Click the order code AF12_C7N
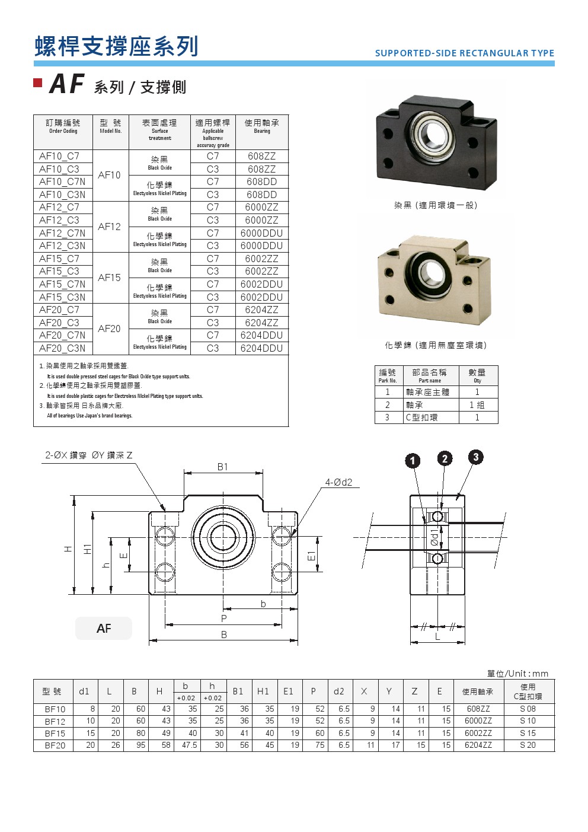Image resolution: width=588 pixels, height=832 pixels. point(62,233)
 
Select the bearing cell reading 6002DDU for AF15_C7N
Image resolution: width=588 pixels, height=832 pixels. point(261,284)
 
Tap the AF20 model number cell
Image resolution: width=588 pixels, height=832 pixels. point(110,329)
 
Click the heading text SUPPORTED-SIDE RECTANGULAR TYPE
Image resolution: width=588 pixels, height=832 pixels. point(464,53)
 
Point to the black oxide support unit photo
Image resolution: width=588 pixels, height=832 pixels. point(436,143)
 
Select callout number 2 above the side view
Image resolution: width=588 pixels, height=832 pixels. point(445,458)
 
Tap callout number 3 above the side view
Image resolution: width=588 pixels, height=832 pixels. point(475,457)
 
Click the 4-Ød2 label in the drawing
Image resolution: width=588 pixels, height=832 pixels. point(338,482)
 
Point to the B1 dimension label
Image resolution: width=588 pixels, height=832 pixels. point(222,467)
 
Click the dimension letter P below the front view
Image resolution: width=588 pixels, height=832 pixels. point(223,619)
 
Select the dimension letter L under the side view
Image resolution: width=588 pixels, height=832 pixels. point(437,636)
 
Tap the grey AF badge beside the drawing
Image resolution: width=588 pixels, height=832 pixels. point(104,629)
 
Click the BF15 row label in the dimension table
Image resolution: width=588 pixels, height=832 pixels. point(55,733)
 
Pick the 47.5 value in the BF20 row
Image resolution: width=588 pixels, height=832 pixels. point(189,745)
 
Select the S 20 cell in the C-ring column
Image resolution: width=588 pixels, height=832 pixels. point(528,745)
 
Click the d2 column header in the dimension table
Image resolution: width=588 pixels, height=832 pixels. point(338,691)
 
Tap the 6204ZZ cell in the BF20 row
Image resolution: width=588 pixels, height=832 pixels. point(478,745)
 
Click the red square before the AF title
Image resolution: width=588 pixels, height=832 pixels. point(38,82)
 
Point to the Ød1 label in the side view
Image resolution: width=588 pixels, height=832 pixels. point(434,537)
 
